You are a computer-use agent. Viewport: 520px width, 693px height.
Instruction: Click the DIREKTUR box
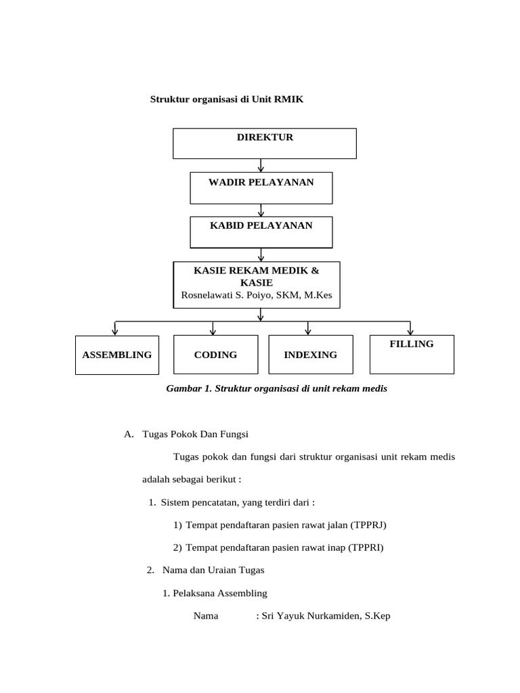(265, 143)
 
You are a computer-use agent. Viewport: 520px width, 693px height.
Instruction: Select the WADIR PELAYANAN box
(261, 188)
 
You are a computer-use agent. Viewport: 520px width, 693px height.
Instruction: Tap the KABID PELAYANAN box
(261, 232)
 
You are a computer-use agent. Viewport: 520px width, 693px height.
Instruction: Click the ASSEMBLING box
(117, 355)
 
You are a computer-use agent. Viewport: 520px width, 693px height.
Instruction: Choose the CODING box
(215, 355)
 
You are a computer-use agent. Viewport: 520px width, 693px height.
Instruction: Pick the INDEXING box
(311, 355)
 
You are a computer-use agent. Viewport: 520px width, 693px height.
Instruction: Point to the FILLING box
(412, 353)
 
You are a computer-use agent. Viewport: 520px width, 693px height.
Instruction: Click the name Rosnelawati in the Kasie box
(207, 295)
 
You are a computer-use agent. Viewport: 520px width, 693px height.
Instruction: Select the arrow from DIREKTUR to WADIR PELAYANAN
(261, 165)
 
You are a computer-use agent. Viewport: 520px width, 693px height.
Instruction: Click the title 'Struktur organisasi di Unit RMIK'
(227, 99)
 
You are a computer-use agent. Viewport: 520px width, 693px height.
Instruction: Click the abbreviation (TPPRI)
(366, 547)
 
